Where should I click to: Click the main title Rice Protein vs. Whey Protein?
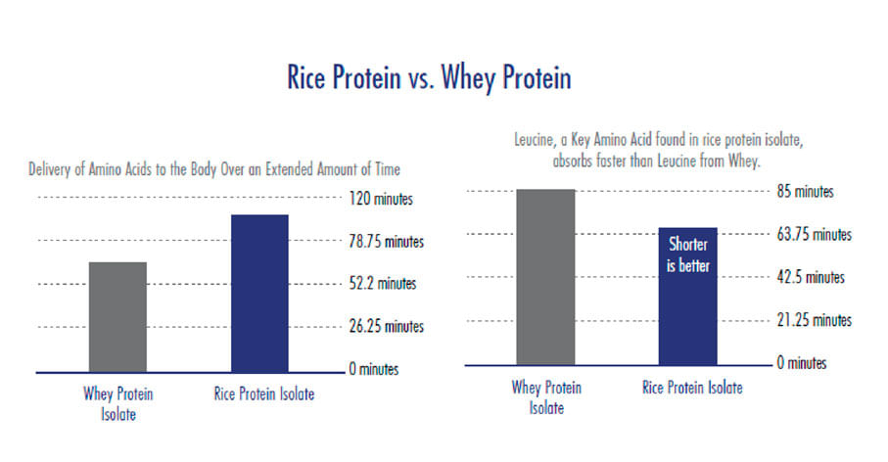pos(429,78)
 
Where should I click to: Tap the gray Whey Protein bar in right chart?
pos(545,276)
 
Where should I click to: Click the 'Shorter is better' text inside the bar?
pos(687,254)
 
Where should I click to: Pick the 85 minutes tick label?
pos(805,192)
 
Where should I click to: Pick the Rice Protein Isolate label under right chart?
pos(692,388)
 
